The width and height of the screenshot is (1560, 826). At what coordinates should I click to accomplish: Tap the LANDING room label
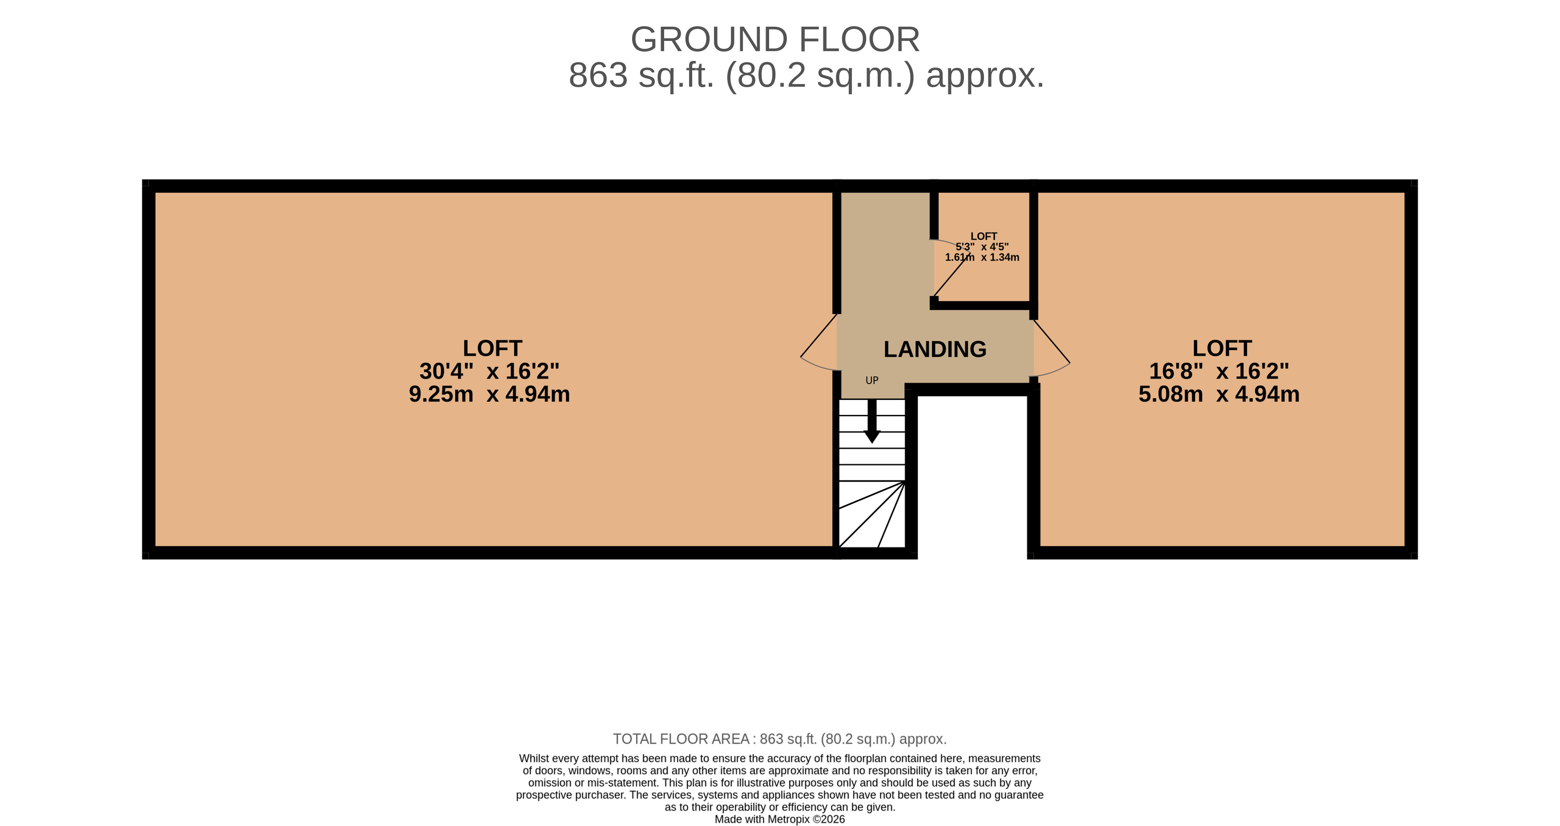[x=935, y=350]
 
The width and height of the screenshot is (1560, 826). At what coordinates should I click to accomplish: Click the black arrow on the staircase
[x=872, y=421]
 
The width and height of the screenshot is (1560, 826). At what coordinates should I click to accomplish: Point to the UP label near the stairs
[x=872, y=380]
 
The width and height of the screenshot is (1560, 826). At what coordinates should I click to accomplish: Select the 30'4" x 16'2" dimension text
[x=489, y=371]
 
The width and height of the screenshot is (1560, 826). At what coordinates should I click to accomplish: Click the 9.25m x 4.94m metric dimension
[x=489, y=394]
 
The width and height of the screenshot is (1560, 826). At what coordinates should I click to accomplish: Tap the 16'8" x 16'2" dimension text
[x=1219, y=371]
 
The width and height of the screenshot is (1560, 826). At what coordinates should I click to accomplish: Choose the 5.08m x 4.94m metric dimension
[x=1219, y=394]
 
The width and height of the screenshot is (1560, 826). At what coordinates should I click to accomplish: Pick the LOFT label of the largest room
[x=492, y=348]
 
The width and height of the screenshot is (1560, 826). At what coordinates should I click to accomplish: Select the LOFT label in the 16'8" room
[x=1222, y=348]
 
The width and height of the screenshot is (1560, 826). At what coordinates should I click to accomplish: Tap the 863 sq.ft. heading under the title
[x=806, y=76]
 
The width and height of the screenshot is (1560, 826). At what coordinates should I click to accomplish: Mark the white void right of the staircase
[x=972, y=475]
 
